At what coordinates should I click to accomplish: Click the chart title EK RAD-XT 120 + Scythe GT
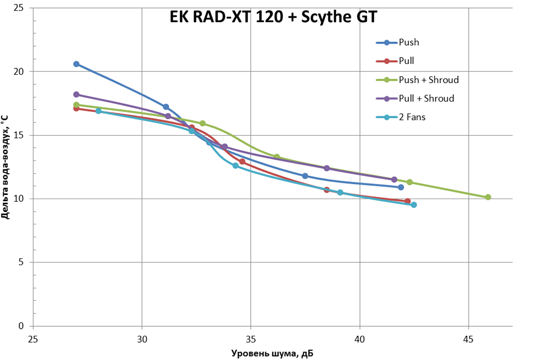tap(273, 17)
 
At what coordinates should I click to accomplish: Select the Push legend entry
tap(409, 43)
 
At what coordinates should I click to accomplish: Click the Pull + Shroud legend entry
tap(426, 98)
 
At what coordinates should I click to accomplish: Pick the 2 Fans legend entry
tap(412, 117)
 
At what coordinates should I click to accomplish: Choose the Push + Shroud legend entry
tap(428, 80)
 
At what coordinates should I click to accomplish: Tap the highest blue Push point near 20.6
tap(76, 64)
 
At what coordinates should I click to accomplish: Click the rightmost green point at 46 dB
tap(488, 197)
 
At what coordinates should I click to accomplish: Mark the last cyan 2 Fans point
tap(414, 205)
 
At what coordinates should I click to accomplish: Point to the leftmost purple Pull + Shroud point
tap(76, 95)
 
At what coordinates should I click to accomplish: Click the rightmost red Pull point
tap(407, 201)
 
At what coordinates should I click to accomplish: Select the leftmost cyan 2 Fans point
tap(98, 111)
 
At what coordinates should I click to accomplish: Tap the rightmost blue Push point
tap(401, 187)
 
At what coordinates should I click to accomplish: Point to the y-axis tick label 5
tap(23, 263)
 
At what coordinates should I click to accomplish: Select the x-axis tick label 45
tap(469, 340)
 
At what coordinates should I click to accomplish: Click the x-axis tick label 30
tap(142, 340)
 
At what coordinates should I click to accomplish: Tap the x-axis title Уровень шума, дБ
tap(272, 353)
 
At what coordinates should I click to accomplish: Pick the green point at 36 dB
tap(277, 157)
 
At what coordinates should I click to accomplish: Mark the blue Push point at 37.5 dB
tap(305, 176)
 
